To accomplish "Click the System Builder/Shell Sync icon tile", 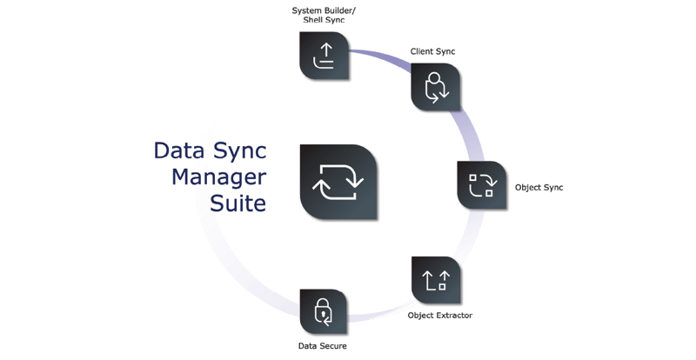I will tap(324, 56).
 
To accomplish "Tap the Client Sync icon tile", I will tap(435, 87).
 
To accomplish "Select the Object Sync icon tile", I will tap(481, 184).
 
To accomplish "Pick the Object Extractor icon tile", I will tap(435, 280).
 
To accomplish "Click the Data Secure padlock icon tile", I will tap(324, 311).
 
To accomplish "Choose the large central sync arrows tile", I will tap(338, 181).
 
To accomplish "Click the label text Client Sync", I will tap(432, 52).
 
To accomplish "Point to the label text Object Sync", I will tap(539, 188).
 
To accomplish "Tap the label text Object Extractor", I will tap(439, 316).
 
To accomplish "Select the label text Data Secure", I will tap(322, 346).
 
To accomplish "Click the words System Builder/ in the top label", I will tap(324, 10).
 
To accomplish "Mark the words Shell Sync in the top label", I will tap(324, 21).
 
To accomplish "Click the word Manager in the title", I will tap(218, 177).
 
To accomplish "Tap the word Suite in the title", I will tap(238, 204).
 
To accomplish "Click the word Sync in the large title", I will tap(238, 150).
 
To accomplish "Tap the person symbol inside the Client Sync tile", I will tap(432, 83).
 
